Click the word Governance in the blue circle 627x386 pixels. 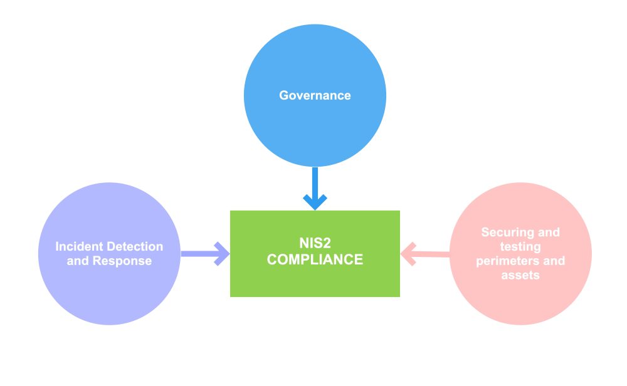point(315,96)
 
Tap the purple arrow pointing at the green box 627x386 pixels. point(204,254)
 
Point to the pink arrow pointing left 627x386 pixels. point(426,254)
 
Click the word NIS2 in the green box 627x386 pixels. point(315,243)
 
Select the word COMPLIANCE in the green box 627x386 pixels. point(315,259)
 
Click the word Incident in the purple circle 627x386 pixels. point(78,246)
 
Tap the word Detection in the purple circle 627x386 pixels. point(134,246)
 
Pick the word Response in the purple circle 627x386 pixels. point(122,261)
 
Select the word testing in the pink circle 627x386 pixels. point(520,246)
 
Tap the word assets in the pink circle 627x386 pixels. point(520,275)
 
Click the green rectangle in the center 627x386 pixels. point(315,282)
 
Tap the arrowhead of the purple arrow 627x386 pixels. point(223,254)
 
